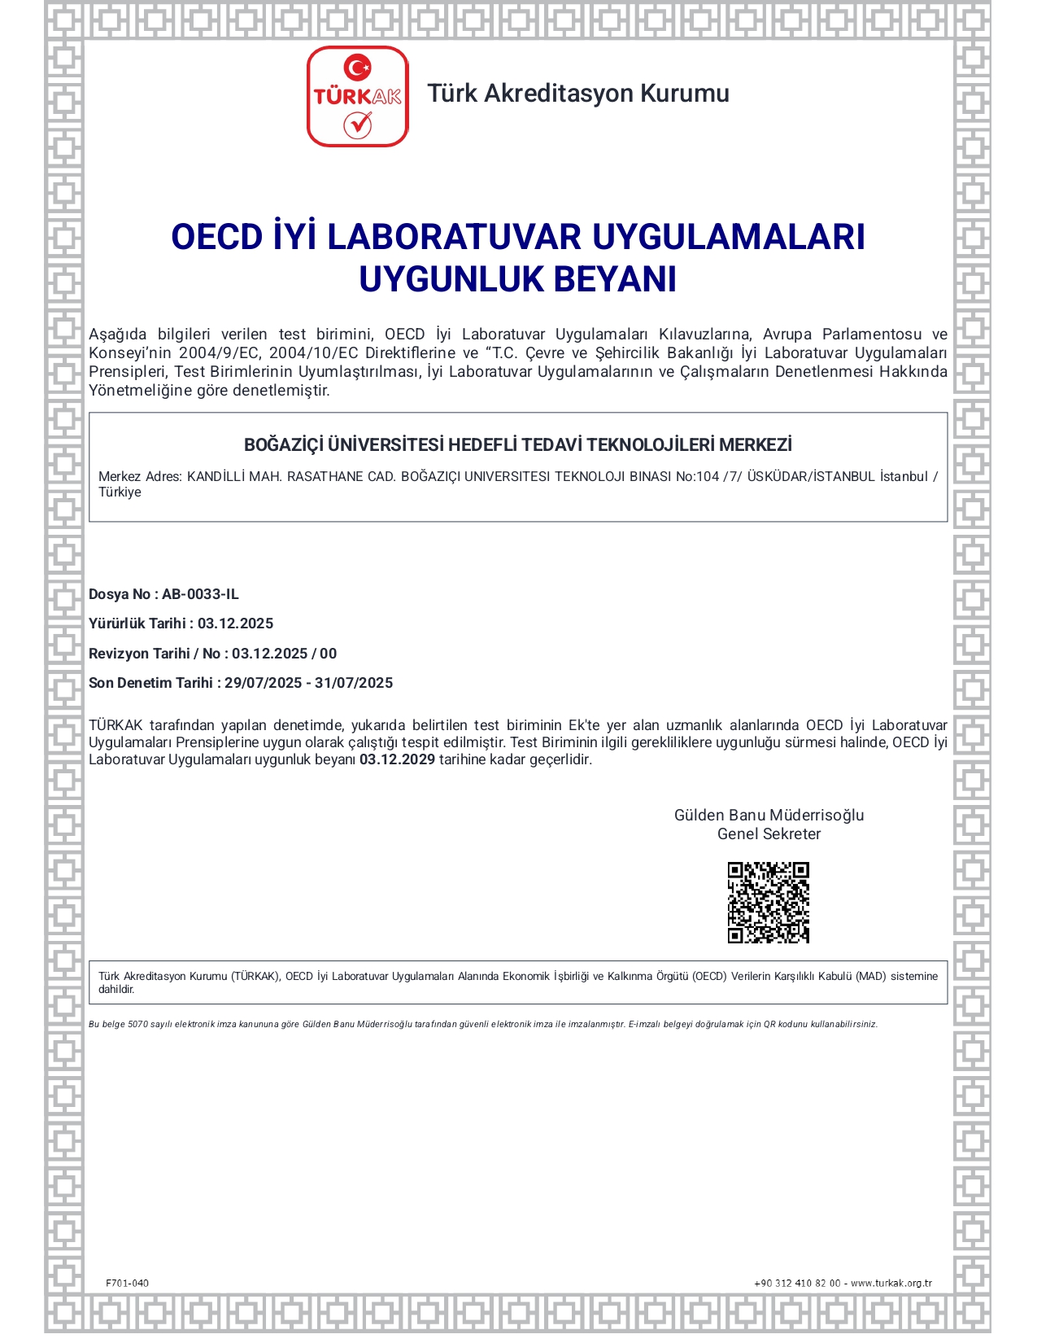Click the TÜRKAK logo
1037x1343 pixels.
coord(357,97)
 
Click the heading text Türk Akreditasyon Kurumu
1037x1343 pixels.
coord(578,94)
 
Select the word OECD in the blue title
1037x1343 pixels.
coord(216,237)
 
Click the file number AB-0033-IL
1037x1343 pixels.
coord(200,594)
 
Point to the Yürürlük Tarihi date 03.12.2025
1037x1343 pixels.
coord(235,623)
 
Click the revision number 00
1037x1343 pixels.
coord(329,654)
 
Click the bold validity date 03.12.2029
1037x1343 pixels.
coord(397,759)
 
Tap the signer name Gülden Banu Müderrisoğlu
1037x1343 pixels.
coord(769,816)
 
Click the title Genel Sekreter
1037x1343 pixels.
coord(769,834)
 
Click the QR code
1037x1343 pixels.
coord(768,903)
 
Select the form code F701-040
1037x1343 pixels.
coord(127,1283)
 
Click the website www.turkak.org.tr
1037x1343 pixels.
coord(891,1283)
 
